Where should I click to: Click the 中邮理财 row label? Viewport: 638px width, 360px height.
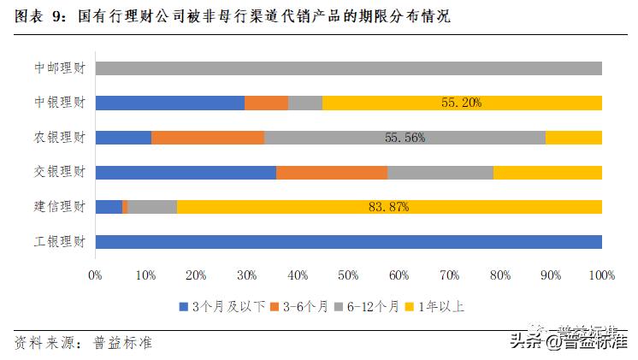point(59,68)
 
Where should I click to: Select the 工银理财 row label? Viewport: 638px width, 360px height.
point(59,242)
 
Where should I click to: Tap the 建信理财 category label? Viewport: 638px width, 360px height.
point(59,207)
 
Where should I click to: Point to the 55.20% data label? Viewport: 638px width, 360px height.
point(462,103)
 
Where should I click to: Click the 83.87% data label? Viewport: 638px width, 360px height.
point(388,207)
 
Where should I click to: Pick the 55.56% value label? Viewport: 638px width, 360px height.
point(405,138)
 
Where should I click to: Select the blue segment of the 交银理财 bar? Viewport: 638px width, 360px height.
point(186,172)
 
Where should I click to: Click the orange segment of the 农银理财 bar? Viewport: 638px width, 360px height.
point(208,138)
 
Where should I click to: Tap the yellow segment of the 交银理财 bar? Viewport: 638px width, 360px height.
point(547,172)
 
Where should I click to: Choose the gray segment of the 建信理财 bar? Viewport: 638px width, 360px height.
point(152,207)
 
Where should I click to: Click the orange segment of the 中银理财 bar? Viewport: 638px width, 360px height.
point(266,103)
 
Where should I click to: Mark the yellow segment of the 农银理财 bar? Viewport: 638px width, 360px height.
point(573,138)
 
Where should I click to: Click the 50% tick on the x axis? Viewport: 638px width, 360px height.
point(348,275)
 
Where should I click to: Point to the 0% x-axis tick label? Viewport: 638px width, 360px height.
point(95,275)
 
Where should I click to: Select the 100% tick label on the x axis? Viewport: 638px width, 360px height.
point(601,275)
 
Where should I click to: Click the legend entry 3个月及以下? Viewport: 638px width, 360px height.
point(222,306)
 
